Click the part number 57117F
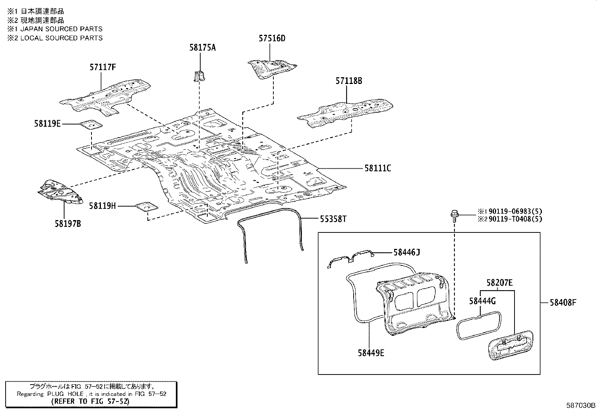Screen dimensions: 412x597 point(102,67)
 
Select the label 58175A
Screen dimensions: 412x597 point(202,48)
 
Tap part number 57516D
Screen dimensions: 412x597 point(272,38)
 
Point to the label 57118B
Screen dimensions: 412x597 point(349,81)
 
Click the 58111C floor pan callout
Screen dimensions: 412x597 point(378,169)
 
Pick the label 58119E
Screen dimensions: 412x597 point(47,123)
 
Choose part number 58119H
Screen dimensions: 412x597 point(102,205)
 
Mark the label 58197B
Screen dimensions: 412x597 point(67,224)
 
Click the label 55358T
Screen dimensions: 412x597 point(333,219)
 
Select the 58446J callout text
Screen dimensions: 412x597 point(406,252)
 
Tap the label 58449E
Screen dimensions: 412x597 point(370,352)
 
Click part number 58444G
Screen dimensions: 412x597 point(482,301)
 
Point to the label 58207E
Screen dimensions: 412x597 point(499,283)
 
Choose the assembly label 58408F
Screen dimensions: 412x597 point(563,302)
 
